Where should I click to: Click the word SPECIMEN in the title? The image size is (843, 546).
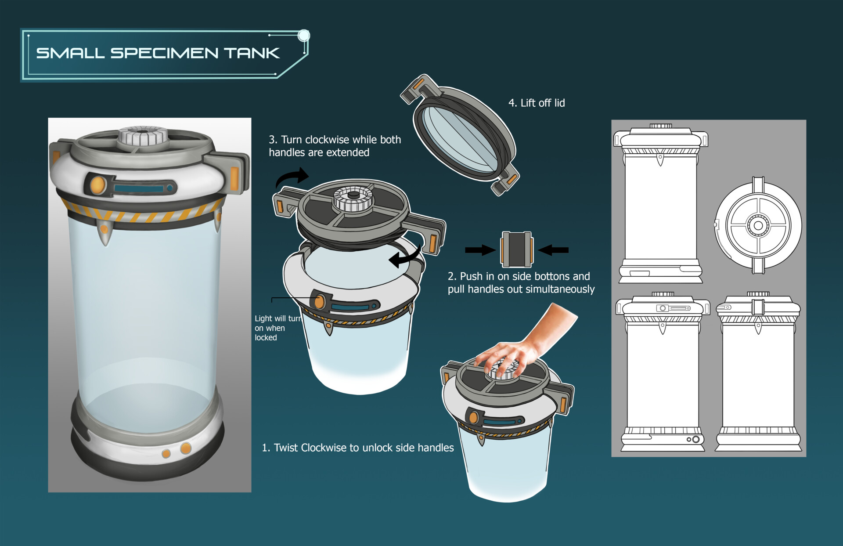coord(164,53)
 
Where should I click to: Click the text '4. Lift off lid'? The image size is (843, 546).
coord(537,103)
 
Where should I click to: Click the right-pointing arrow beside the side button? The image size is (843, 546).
coord(480,250)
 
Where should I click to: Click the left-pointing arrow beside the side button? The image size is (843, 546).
coord(553,250)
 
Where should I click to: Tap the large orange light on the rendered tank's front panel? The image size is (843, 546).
coord(98,185)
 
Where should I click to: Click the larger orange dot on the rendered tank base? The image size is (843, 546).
coord(186,448)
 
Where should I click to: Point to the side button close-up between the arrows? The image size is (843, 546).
coord(517,249)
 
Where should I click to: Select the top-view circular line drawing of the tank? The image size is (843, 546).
coord(758,225)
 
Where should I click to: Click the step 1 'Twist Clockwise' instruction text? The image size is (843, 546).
coord(358,448)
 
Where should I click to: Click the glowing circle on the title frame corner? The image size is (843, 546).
coord(304,36)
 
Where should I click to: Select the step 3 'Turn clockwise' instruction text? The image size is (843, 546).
coord(335,146)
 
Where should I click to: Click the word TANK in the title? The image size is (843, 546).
coord(252,53)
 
